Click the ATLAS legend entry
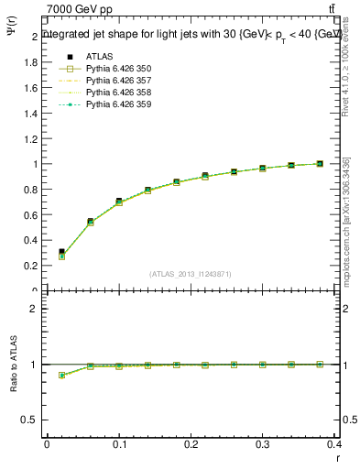coord(99,57)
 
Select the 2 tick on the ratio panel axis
coord(34,309)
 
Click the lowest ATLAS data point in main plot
coord(61,252)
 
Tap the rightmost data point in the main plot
coord(320,164)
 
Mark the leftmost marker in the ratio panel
coord(61,376)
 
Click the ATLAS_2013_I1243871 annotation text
coord(190,275)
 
